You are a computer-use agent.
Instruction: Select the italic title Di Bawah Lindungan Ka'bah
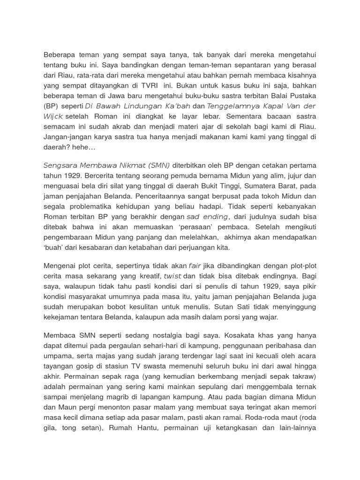click(x=138, y=106)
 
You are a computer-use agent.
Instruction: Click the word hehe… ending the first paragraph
click(x=85, y=147)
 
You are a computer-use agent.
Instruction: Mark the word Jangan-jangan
click(x=66, y=137)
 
